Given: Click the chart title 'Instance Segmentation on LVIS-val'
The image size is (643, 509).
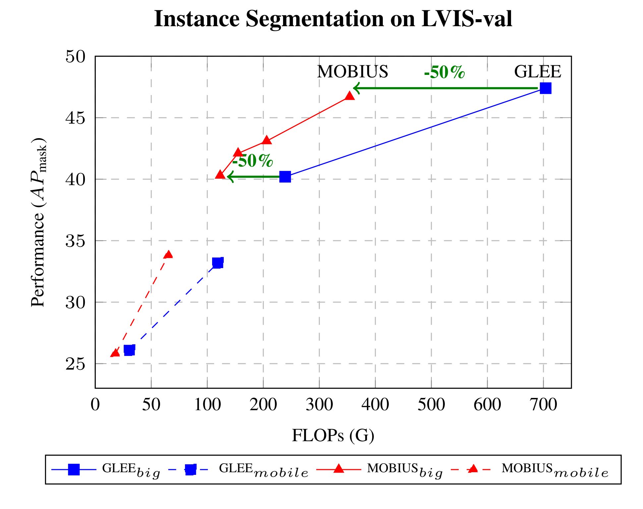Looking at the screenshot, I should pyautogui.click(x=333, y=19).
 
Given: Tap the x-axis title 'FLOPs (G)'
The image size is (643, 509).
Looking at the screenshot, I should pyautogui.click(x=333, y=435).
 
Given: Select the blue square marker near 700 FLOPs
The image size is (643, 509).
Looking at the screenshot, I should pyautogui.click(x=545, y=88).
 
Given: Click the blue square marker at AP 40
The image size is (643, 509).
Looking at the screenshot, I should pyautogui.click(x=285, y=177).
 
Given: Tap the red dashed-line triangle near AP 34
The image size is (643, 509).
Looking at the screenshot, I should pyautogui.click(x=168, y=254).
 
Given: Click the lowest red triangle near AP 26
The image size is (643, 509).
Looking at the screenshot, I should pyautogui.click(x=115, y=353).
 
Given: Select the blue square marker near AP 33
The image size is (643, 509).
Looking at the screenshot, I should pyautogui.click(x=217, y=263).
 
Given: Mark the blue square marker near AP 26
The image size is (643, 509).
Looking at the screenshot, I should pyautogui.click(x=129, y=350).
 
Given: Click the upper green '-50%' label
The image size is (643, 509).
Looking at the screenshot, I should pyautogui.click(x=444, y=72).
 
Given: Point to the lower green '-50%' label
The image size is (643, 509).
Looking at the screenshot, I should pyautogui.click(x=253, y=161).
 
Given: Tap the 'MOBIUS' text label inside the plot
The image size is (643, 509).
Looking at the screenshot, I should pyautogui.click(x=352, y=72).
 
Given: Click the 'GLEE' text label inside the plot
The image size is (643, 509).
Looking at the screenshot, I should pyautogui.click(x=537, y=72).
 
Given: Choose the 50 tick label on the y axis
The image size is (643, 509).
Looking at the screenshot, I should pyautogui.click(x=75, y=57).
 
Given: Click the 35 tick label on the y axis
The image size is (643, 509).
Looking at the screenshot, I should pyautogui.click(x=75, y=241).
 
